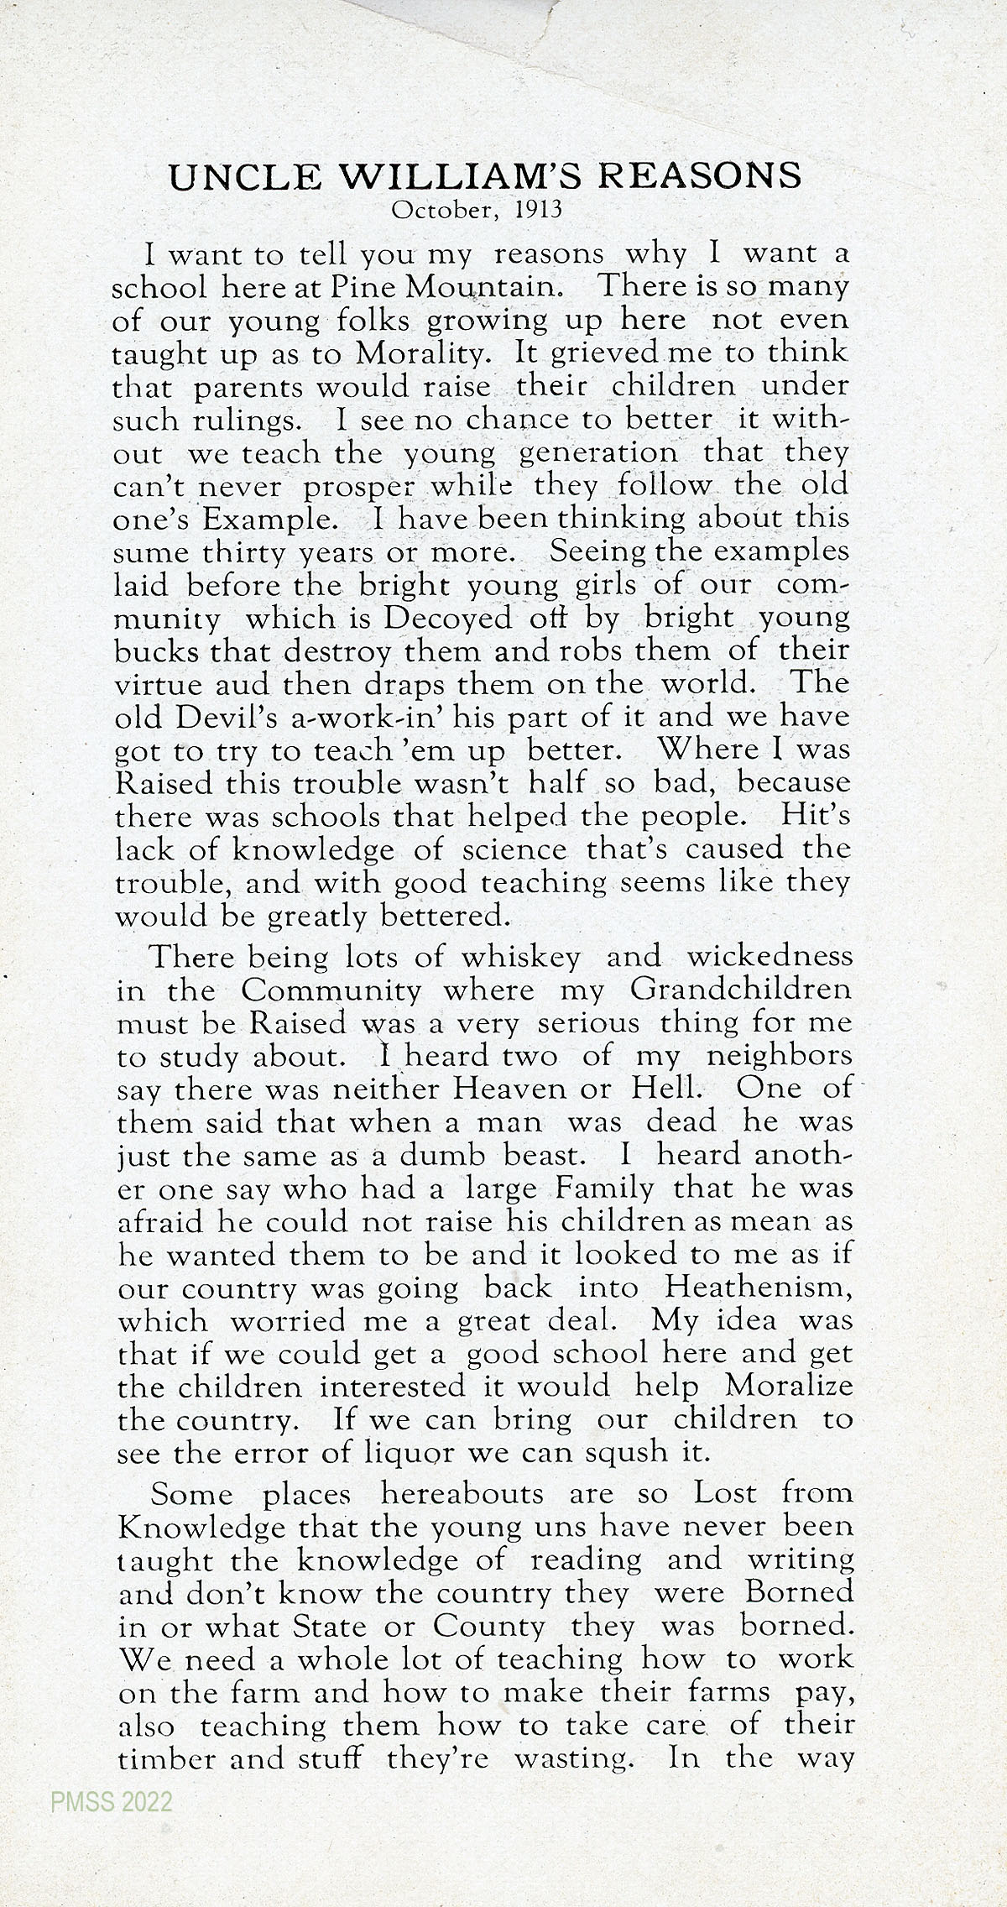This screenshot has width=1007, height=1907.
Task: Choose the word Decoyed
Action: (x=446, y=618)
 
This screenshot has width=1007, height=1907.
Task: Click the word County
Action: (x=488, y=1627)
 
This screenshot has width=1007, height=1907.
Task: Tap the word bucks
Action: (x=152, y=651)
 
